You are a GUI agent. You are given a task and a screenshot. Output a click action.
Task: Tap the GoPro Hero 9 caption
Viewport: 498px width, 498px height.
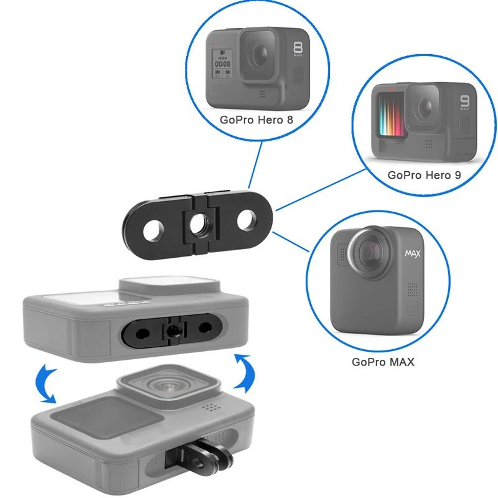(424, 175)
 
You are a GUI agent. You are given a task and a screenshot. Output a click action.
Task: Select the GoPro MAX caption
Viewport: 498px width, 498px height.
(383, 361)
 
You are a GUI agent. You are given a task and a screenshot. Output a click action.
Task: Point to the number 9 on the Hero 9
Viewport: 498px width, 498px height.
(464, 102)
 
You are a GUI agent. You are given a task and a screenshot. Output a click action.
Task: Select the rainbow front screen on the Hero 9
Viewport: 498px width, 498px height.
(388, 115)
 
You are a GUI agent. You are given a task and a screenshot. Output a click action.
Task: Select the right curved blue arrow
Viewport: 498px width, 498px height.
(243, 372)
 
